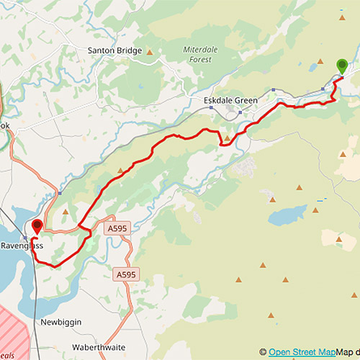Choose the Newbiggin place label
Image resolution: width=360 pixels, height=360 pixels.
click(x=61, y=323)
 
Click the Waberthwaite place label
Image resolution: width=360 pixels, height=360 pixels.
click(x=101, y=346)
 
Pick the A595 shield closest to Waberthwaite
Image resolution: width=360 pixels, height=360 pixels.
click(x=125, y=275)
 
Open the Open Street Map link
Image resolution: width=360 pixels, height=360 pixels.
click(x=302, y=352)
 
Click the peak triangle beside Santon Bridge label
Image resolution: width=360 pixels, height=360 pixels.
click(x=150, y=52)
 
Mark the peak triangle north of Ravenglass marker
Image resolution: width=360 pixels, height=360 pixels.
click(x=66, y=212)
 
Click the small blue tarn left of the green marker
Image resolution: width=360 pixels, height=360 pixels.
click(x=312, y=68)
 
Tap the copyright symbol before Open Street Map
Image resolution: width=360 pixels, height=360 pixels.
click(x=264, y=352)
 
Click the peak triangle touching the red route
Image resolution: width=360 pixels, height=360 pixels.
click(x=228, y=138)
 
